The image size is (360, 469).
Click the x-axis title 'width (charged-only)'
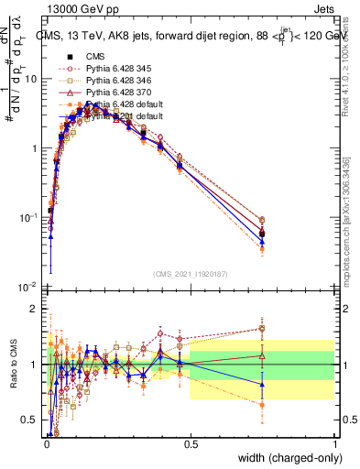[x=287, y=458]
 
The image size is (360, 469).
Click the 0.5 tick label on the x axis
[x=191, y=443]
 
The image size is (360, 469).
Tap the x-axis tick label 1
[x=336, y=443]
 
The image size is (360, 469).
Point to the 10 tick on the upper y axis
[x=30, y=79]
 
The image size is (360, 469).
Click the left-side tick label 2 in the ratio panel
[x=33, y=309]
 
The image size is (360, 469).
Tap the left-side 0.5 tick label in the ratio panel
[x=29, y=420]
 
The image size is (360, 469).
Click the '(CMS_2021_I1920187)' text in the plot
[x=191, y=273]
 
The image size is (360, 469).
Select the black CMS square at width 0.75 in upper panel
[x=263, y=234]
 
